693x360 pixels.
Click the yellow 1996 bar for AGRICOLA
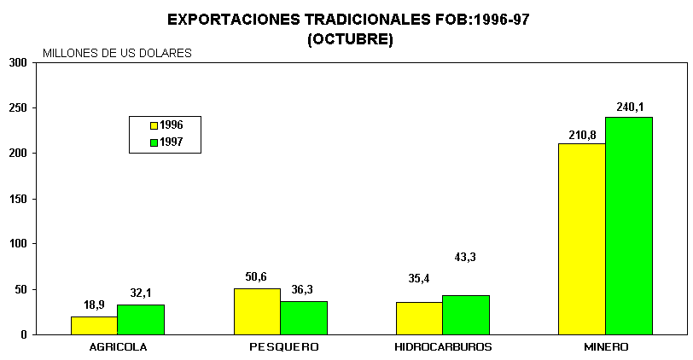[94, 325]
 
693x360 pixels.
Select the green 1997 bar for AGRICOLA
[141, 319]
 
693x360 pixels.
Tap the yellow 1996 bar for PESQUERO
[257, 311]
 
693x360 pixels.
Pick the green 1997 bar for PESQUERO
[304, 317]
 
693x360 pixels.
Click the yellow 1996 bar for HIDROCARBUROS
[419, 318]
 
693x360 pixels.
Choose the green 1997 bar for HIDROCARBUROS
[466, 315]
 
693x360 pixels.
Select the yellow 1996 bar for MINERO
[581, 239]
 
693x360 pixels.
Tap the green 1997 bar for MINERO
[628, 225]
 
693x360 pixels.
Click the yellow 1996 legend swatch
[154, 125]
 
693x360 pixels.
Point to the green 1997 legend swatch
[154, 142]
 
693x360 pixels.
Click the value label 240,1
[629, 107]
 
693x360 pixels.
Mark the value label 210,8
[582, 134]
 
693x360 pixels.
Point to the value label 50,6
[257, 277]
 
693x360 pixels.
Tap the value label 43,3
[467, 257]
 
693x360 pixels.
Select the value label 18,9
[94, 305]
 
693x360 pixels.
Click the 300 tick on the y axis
[18, 62]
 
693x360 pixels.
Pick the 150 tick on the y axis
[18, 199]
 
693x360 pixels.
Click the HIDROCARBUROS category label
[443, 347]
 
